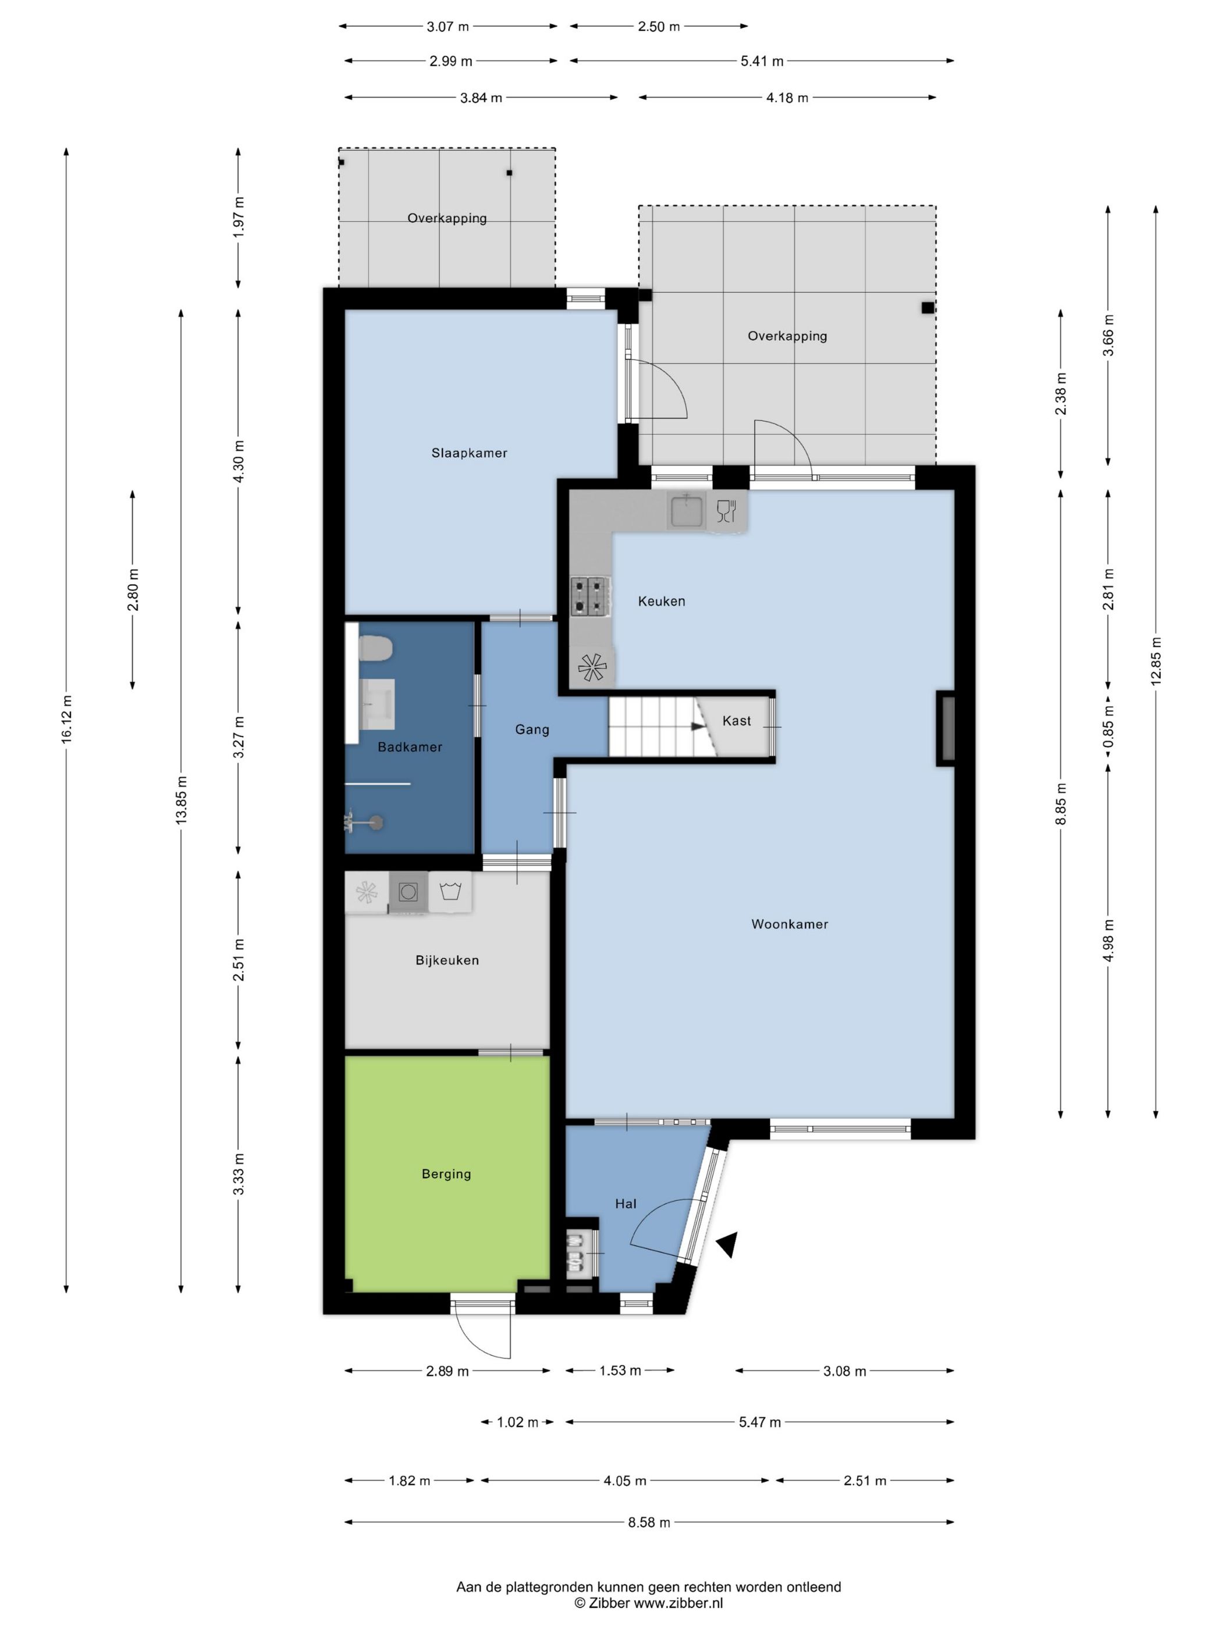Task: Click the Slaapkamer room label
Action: (x=469, y=453)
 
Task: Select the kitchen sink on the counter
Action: (x=687, y=510)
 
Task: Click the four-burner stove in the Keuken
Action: (x=591, y=596)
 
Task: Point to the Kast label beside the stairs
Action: (x=737, y=720)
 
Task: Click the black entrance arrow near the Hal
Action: (x=726, y=1244)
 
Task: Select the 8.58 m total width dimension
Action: (x=649, y=1521)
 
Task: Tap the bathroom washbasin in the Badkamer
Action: (x=377, y=703)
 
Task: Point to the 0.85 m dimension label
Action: (x=1108, y=727)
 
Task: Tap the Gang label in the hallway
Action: (x=532, y=729)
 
